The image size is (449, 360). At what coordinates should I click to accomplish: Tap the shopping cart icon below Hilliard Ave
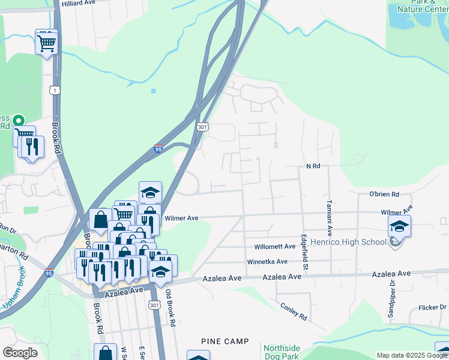click(46, 42)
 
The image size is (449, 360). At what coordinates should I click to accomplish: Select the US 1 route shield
click(55, 90)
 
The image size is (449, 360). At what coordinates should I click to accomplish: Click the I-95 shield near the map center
click(158, 149)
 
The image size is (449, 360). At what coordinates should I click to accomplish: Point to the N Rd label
click(313, 166)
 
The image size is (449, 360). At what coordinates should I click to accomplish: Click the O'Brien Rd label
click(384, 194)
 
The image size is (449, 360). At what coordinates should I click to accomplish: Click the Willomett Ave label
click(275, 247)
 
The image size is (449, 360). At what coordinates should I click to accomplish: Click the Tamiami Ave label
click(330, 217)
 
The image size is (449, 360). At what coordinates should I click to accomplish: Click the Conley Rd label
click(294, 310)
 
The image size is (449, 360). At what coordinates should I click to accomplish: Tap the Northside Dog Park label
click(282, 352)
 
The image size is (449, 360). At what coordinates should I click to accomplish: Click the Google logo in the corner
click(19, 352)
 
